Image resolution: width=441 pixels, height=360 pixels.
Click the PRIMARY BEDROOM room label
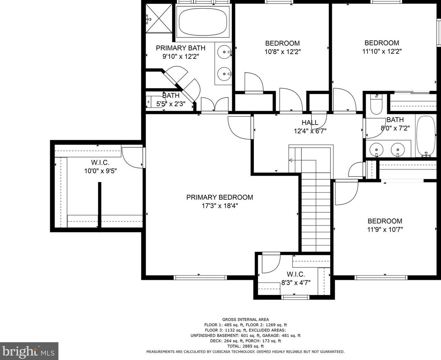point(219,197)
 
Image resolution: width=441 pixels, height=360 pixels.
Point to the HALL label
point(310,123)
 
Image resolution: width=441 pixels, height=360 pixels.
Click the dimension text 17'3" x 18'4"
point(219,206)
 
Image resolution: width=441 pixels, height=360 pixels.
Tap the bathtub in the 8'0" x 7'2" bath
point(426,136)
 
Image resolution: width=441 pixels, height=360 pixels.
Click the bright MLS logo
point(29,351)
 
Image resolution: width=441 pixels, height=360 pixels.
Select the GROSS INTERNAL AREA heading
point(245,319)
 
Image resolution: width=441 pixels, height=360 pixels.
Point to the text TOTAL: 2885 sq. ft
point(245,346)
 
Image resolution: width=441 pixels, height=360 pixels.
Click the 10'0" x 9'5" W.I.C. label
point(100,171)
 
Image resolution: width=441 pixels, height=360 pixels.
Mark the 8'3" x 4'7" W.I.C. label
point(295,283)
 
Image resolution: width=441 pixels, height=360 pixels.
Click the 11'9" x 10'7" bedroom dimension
point(385,230)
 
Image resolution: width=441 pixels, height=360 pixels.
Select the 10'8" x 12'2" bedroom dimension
point(282,52)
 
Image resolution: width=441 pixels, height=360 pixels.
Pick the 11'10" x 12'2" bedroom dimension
point(381,52)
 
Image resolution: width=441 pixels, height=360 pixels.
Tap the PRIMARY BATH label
point(180,48)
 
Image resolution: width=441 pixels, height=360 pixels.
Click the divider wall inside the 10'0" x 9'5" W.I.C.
point(100,205)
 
